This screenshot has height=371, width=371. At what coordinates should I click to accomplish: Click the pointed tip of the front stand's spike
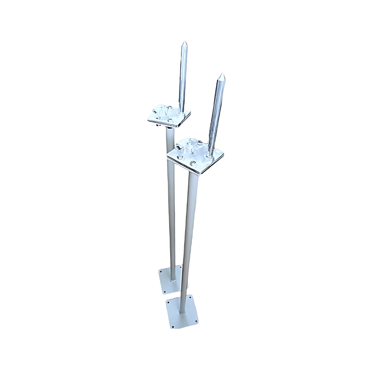pos(222,74)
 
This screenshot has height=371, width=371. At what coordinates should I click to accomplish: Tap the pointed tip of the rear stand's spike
pos(184,42)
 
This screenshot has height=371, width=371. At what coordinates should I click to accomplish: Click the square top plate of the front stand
pos(197,155)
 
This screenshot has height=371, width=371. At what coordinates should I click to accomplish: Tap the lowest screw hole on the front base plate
pos(173,326)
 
